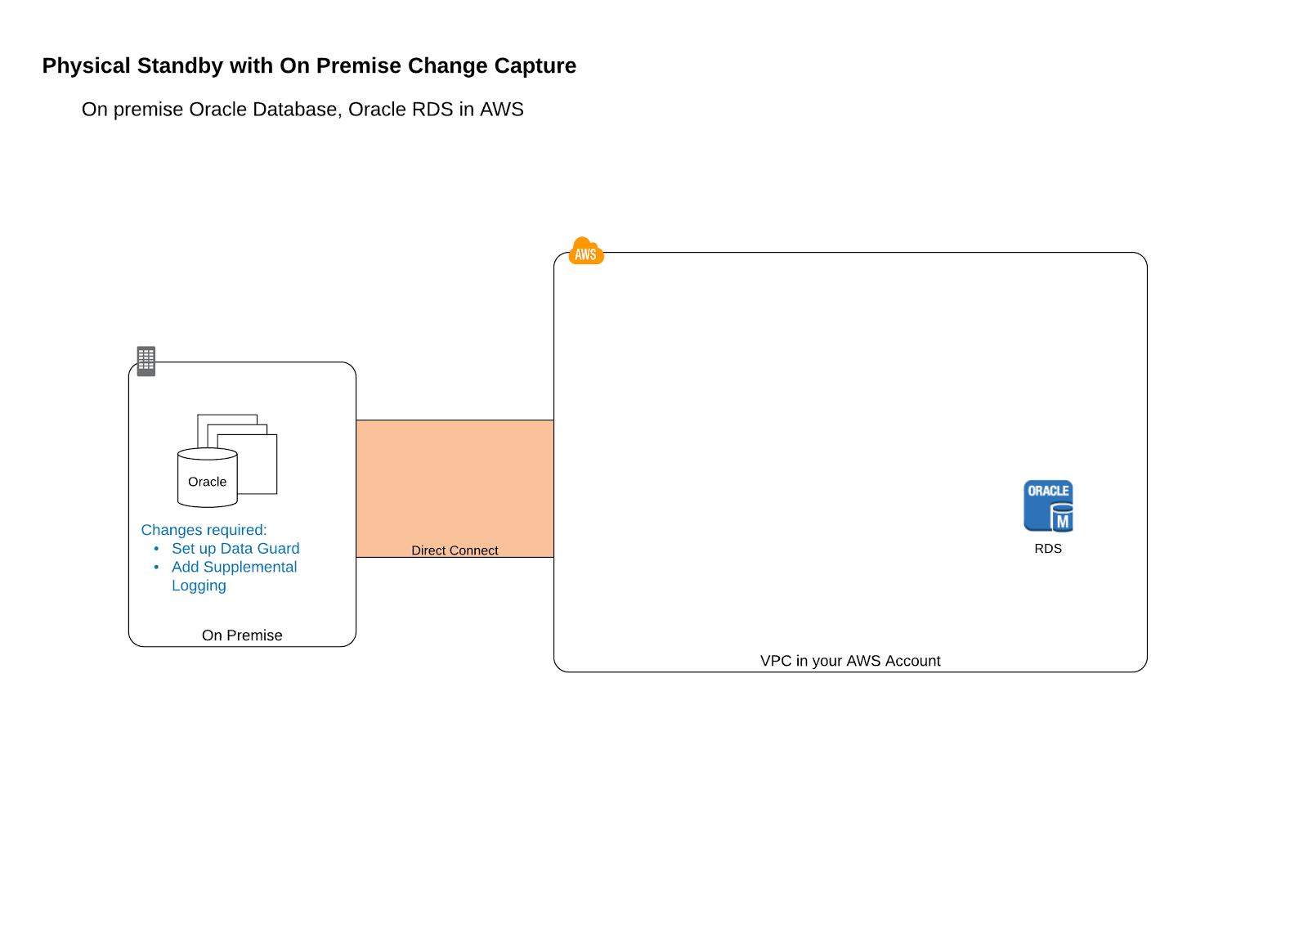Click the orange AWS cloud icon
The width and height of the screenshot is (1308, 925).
point(586,251)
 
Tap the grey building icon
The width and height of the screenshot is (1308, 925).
point(146,361)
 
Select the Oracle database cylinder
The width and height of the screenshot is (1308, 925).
point(208,478)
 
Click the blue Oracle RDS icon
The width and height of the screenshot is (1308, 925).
point(1048,506)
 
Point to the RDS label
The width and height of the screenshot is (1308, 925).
point(1048,549)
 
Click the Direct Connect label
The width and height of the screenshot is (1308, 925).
point(455,550)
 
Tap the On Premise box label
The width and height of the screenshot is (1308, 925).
point(242,635)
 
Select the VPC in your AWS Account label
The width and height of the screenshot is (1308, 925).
point(850,661)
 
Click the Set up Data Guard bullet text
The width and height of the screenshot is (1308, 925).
point(235,549)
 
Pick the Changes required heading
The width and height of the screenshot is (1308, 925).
point(204,530)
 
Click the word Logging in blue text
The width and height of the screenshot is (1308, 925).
point(199,586)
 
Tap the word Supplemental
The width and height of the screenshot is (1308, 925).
point(250,567)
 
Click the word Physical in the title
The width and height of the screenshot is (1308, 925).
point(87,66)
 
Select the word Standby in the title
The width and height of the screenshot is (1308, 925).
point(180,66)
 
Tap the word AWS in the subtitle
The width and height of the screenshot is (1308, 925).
point(502,110)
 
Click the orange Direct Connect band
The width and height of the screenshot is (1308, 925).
point(455,488)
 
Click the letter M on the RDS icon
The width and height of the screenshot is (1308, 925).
point(1063,522)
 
